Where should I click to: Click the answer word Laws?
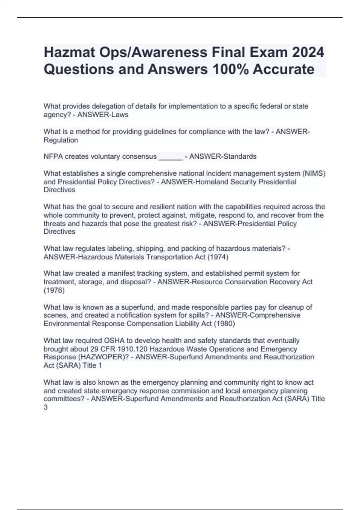pos(120,115)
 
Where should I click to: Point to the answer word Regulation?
pos(61,140)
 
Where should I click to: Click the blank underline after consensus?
pos(170,157)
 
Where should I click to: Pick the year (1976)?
pos(54,290)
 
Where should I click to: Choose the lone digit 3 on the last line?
pos(46,407)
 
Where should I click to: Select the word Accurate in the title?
pos(283,69)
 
